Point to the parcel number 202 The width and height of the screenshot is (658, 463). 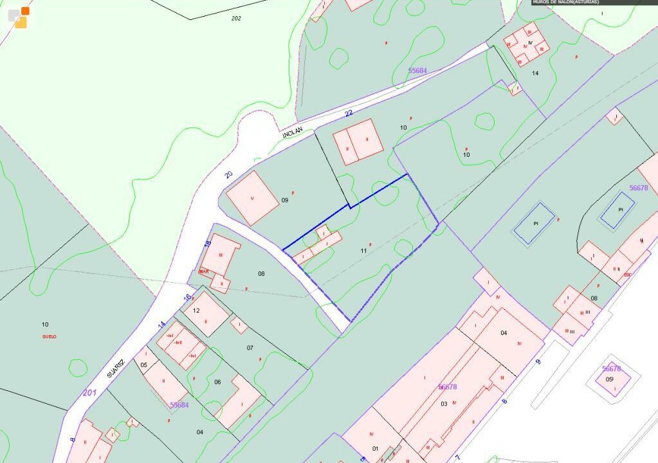(236, 18)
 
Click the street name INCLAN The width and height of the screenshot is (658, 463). (291, 133)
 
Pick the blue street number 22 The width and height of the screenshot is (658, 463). (349, 114)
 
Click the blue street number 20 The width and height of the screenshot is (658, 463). (228, 174)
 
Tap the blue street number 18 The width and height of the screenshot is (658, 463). (207, 244)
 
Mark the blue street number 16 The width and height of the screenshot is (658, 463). (187, 297)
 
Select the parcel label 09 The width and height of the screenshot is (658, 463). (285, 200)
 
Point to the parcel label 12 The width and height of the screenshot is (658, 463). (196, 311)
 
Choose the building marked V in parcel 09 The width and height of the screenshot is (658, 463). (252, 198)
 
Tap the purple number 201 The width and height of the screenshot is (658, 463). (89, 392)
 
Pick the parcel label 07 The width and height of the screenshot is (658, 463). (250, 348)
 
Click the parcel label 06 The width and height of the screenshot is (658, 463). (217, 382)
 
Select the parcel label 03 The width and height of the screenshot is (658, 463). (444, 403)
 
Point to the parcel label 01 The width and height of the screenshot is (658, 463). (375, 448)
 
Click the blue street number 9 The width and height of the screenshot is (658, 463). (538, 362)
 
